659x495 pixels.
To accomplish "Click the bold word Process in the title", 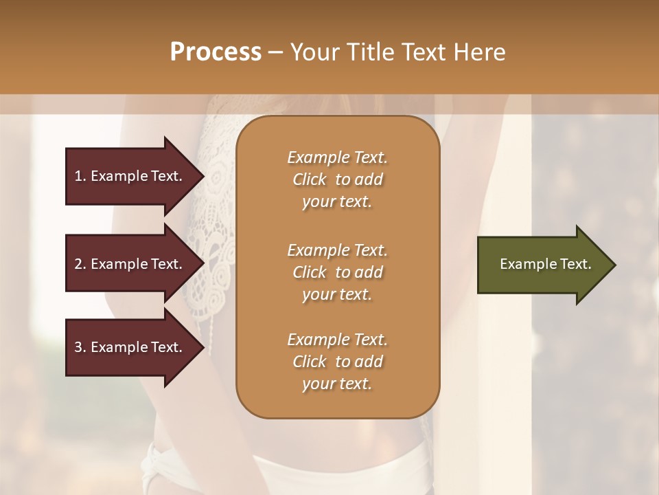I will point(216,52).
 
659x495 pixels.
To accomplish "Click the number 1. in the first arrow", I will point(80,176).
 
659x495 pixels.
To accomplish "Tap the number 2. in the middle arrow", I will point(80,264).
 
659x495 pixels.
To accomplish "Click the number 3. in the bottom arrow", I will point(80,347).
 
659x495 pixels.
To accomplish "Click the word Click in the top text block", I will point(310,180).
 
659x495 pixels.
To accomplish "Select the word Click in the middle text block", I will point(310,272).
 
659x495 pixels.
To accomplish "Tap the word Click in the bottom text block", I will point(310,362).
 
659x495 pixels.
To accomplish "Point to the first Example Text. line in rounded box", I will point(337,157).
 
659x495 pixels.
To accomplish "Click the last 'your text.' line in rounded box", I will point(337,384).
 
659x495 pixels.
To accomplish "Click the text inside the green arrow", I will point(546,264).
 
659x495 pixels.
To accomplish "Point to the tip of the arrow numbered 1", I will point(203,176).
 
